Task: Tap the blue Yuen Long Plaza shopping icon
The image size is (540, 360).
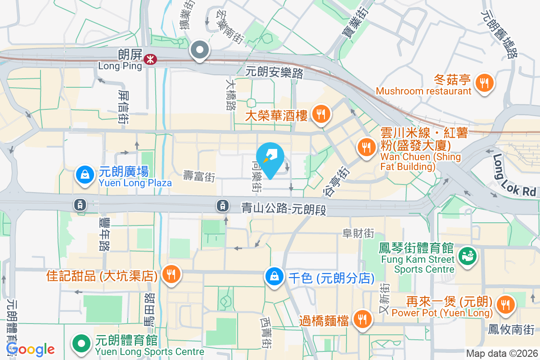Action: click(x=84, y=175)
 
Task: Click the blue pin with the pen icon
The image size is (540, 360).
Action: click(x=271, y=157)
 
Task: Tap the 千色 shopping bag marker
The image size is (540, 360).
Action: click(x=274, y=277)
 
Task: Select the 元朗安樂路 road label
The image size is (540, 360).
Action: click(x=274, y=72)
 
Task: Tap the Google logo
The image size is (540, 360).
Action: click(x=30, y=349)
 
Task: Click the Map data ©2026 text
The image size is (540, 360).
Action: click(x=501, y=354)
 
